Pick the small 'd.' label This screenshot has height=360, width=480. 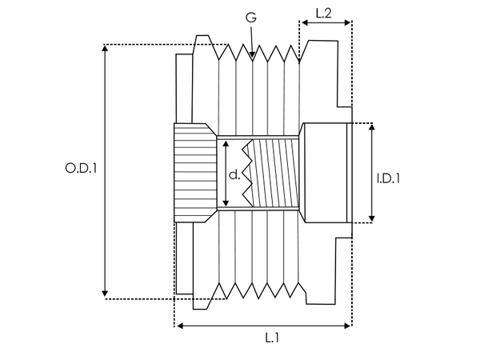pyautogui.click(x=233, y=174)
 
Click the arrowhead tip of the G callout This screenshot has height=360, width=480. pyautogui.click(x=253, y=57)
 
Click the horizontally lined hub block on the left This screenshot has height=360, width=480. pyautogui.click(x=193, y=172)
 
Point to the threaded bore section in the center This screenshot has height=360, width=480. pyautogui.click(x=274, y=172)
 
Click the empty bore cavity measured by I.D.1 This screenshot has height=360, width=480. pyautogui.click(x=323, y=172)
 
